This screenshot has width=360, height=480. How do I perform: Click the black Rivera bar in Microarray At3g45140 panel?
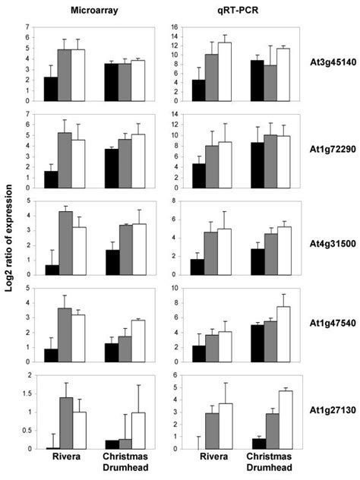51,90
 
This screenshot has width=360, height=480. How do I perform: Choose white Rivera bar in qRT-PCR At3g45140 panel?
224,72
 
